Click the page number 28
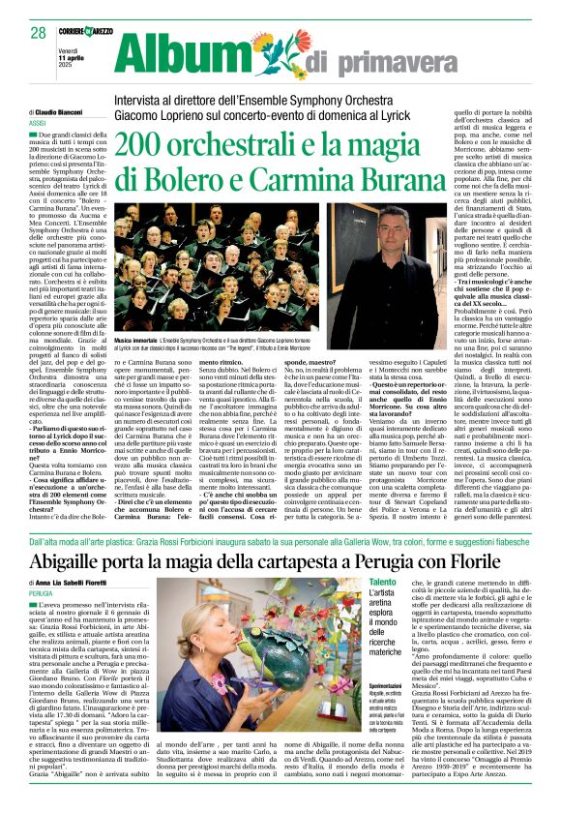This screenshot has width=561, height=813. [39, 33]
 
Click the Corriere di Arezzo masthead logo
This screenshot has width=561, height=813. [104, 32]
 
